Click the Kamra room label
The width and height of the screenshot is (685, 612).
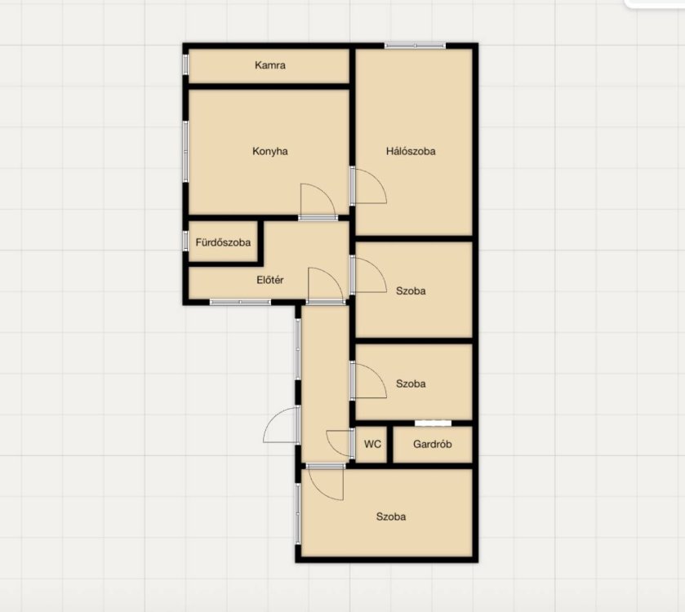[270, 65]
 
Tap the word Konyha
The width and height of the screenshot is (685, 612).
[270, 152]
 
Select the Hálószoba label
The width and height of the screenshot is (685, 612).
[411, 152]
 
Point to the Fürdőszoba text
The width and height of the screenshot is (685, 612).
[223, 242]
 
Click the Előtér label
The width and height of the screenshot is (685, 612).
[270, 280]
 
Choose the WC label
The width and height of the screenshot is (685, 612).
[372, 445]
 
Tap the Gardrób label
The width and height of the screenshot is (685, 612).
[433, 445]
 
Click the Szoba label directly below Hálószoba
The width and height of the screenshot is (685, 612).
[411, 291]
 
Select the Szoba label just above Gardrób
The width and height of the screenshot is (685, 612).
[411, 384]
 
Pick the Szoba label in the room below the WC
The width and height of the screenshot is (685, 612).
[391, 517]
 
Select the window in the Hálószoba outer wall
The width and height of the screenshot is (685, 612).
[415, 45]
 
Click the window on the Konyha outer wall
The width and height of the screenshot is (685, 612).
[185, 152]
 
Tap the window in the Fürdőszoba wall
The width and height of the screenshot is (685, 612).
[185, 240]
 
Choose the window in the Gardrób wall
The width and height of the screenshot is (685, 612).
[433, 423]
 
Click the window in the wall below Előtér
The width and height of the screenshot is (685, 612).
[240, 302]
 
